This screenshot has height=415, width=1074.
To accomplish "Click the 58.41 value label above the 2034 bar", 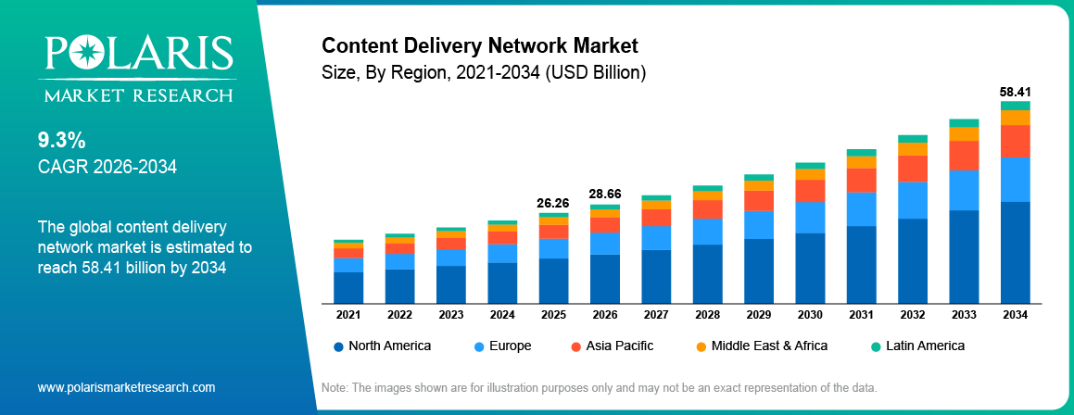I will coord(1015,93).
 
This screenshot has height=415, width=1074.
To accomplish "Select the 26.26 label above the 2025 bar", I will coord(553,203).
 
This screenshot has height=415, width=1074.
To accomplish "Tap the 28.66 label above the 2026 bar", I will coord(604,195).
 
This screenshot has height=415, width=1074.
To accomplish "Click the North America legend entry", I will coord(382,346).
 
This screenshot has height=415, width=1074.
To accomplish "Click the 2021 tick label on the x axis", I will coord(348,315).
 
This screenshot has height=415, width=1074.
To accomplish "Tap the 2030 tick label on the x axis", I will coord(810,315).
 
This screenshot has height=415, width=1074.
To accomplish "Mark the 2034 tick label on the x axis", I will coord(1015,315).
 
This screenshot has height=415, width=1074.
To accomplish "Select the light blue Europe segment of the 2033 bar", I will coord(964,190).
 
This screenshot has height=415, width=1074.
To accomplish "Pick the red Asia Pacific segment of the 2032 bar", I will coord(913,169).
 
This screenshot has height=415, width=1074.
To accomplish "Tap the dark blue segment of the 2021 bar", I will coord(348,287).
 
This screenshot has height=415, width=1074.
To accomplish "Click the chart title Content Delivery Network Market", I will coord(479,45).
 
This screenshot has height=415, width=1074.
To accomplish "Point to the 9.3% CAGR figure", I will coord(61,141).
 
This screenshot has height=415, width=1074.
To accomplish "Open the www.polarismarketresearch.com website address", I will coord(126,387).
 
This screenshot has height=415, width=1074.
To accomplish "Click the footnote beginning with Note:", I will coord(598,387).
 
